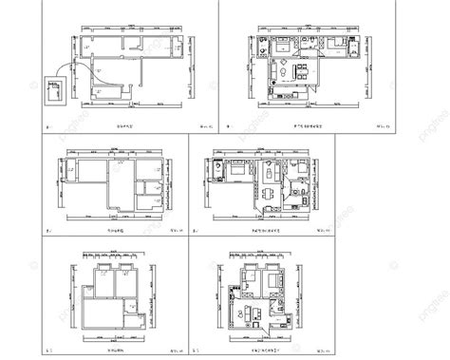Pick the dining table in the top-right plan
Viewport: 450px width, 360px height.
[x=299, y=71]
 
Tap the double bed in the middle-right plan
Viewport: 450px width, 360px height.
[x=216, y=172]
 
